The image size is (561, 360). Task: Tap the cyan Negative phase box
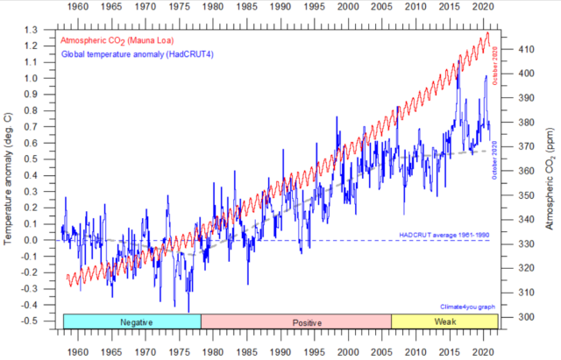(131, 322)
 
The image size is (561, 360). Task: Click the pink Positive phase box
(296, 322)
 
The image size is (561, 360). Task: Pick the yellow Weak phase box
(444, 322)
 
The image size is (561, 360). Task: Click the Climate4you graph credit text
(468, 307)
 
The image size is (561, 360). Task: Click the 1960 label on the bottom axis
(78, 350)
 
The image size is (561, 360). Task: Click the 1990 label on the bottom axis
(280, 350)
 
